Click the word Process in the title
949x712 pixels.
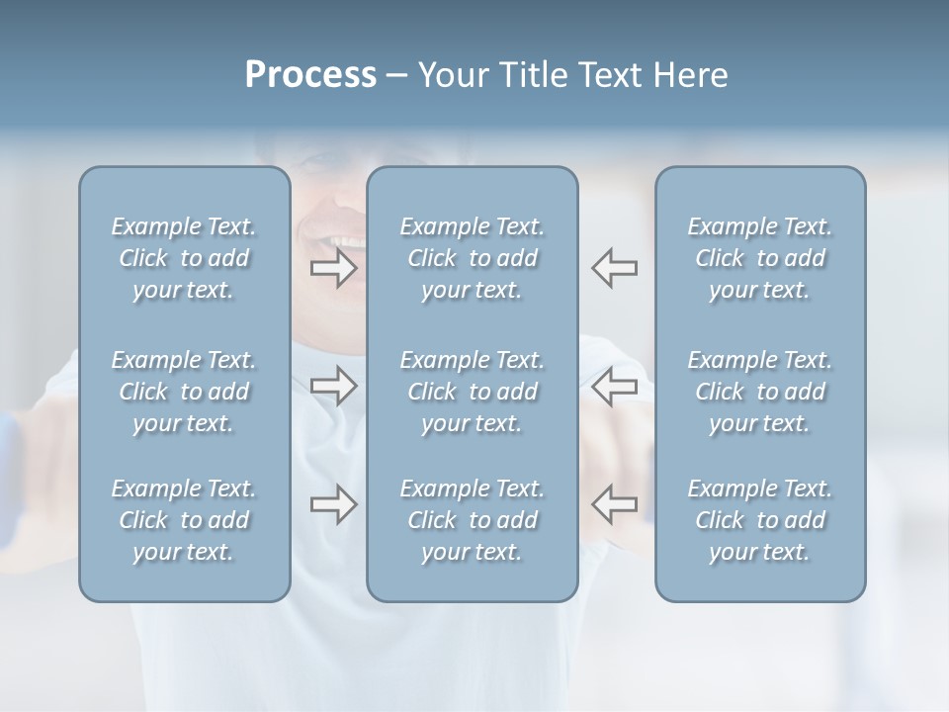click(x=310, y=75)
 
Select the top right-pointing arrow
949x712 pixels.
click(x=334, y=268)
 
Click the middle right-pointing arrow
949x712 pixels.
click(x=334, y=386)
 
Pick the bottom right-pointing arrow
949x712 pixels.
click(x=334, y=504)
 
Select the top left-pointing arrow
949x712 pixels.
click(x=615, y=268)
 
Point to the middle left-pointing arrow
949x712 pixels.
click(x=615, y=386)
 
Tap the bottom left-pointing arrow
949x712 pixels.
click(x=615, y=504)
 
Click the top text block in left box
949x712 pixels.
click(x=184, y=258)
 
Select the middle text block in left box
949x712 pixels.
click(x=184, y=392)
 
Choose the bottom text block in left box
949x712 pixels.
click(x=184, y=520)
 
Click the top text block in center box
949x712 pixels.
click(x=473, y=258)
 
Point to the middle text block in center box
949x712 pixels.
click(x=473, y=392)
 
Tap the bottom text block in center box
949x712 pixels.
click(x=473, y=520)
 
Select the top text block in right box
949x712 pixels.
click(x=760, y=258)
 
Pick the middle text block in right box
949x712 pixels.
click(x=760, y=392)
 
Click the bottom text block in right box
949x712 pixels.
click(x=760, y=520)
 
